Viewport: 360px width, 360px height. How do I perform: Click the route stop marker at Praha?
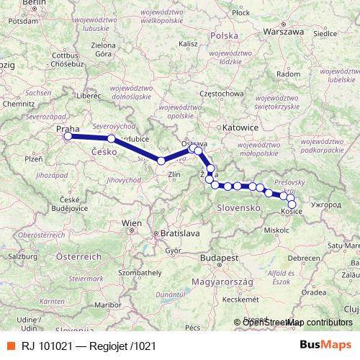click(x=68, y=136)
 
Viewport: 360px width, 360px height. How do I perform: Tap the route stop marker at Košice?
click(x=292, y=204)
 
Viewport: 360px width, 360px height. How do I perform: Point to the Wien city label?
click(x=132, y=224)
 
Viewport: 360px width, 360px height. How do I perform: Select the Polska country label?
click(x=225, y=35)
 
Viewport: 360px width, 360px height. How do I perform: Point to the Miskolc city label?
click(x=276, y=230)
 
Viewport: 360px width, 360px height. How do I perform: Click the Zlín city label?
click(x=174, y=174)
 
